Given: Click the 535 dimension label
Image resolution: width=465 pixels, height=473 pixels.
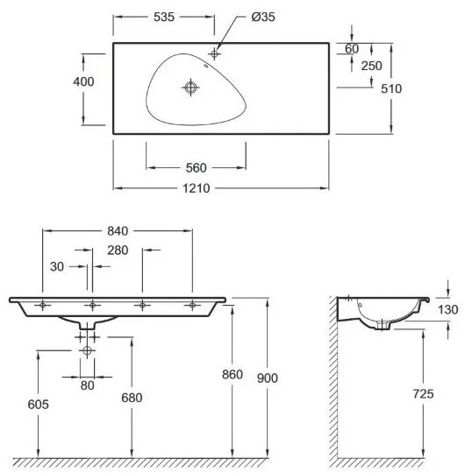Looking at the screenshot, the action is (164, 17).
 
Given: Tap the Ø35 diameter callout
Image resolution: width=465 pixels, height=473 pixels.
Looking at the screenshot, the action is (263, 17).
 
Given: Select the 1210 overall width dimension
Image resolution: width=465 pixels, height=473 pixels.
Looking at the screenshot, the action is (197, 188).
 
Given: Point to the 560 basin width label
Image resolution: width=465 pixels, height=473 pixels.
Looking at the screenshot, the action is (197, 168).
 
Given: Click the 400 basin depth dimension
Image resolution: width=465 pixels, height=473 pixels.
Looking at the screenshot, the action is (83, 81).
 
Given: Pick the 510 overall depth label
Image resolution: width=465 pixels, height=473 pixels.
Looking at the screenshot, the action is (391, 88).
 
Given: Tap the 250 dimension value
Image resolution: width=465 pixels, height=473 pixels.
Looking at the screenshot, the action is (372, 66).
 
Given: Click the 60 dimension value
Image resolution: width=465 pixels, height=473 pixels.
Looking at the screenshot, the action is (352, 48).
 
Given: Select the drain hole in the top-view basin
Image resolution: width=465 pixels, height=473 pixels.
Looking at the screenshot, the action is (190, 88).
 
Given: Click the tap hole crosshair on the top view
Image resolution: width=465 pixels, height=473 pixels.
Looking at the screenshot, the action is (214, 54).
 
